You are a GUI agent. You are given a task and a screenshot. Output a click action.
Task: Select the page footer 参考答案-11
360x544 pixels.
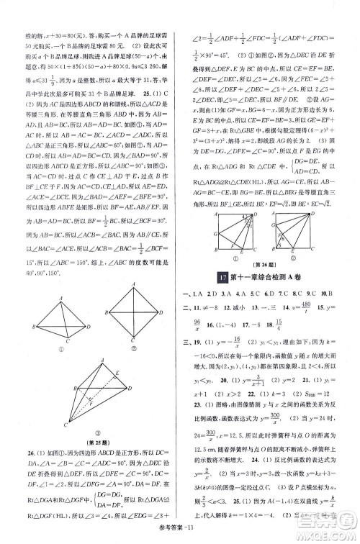click(x=180, y=532)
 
